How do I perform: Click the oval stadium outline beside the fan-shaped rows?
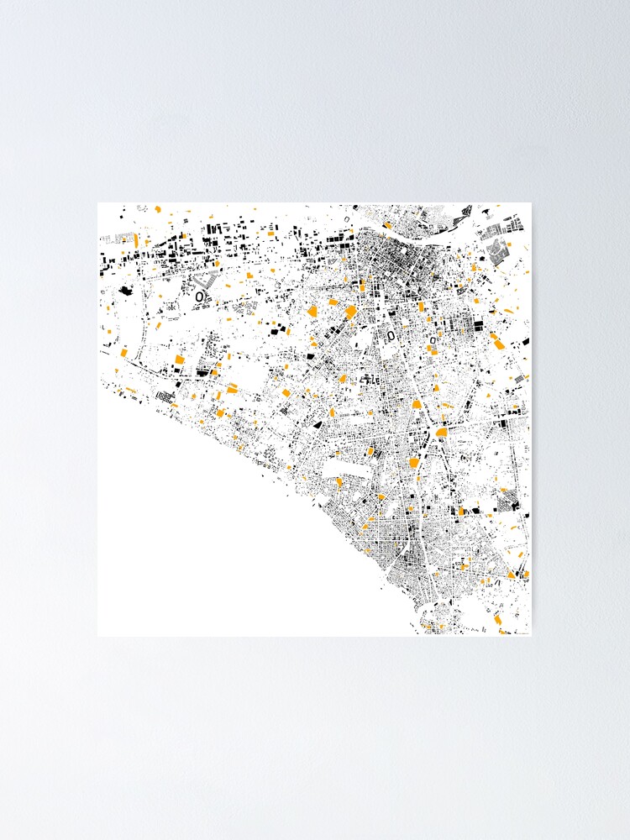[x=199, y=297]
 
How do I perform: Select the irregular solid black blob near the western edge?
[x=126, y=291]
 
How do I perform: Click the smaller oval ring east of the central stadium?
[x=433, y=340]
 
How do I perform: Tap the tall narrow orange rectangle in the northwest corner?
[x=135, y=239]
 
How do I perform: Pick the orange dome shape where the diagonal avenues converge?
[x=442, y=432]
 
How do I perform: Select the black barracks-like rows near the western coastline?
[x=165, y=396]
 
